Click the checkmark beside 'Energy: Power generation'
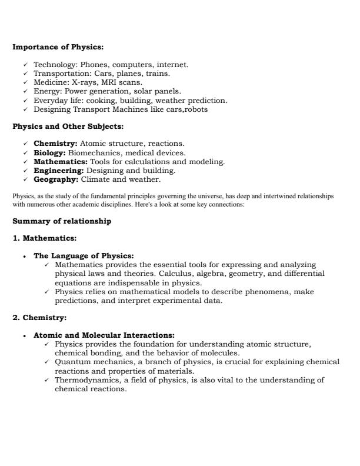point(25,92)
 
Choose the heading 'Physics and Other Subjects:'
point(65,126)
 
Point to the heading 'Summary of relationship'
point(61,222)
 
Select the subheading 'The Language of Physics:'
point(84,256)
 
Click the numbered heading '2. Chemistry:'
point(39,318)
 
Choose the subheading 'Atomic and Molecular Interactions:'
point(104,335)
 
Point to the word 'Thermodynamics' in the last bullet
point(87,380)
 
